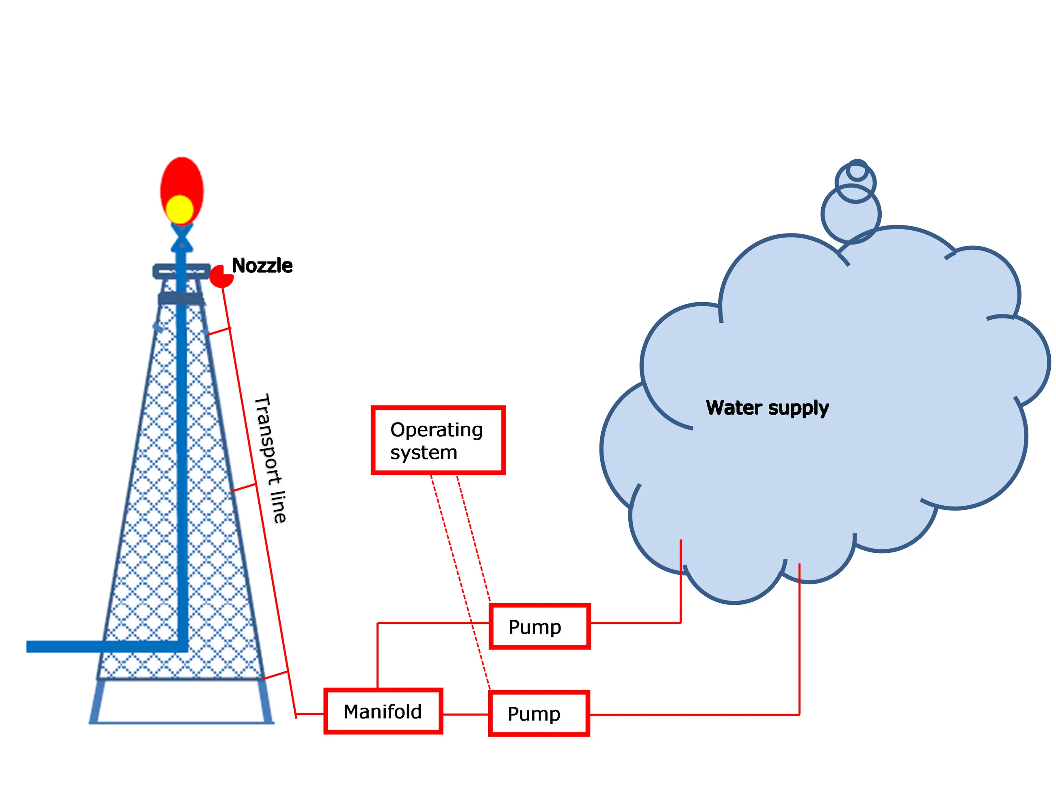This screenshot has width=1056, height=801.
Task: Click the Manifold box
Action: pos(383,711)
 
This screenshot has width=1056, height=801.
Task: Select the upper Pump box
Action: pos(539,626)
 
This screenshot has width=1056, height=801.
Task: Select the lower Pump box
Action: pos(539,714)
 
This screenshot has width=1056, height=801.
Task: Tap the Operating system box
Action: pos(438,440)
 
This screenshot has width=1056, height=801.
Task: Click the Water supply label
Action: pos(767,408)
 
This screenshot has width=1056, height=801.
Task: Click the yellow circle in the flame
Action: pos(180,209)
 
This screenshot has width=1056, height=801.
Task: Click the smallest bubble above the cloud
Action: pos(857,169)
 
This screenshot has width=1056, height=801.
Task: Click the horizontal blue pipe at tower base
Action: pos(95,647)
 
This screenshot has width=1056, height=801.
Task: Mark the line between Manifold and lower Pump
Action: pos(465,714)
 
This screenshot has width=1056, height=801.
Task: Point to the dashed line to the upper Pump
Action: pos(474,539)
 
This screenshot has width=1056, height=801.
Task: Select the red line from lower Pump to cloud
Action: pos(692,714)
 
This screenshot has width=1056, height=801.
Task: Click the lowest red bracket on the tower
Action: pos(275,675)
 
